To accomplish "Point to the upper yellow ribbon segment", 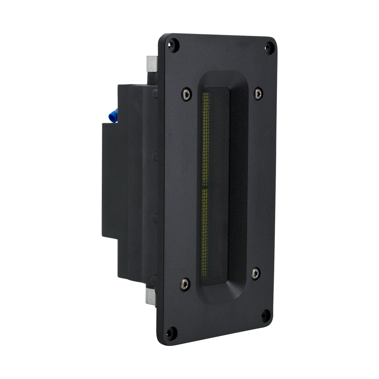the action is pos(206,139).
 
